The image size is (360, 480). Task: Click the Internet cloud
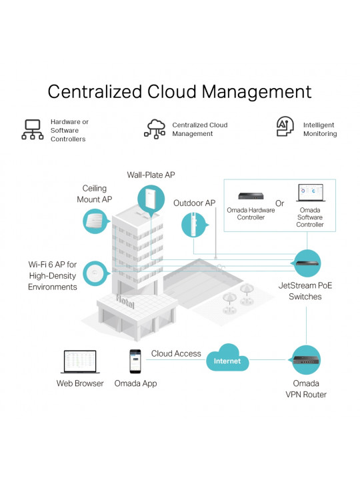(227, 357)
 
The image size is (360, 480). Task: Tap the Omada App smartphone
(135, 361)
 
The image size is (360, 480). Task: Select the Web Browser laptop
(80, 362)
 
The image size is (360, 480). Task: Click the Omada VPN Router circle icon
(306, 360)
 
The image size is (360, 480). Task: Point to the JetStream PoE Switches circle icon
(307, 263)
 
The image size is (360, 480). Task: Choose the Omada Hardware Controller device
(251, 195)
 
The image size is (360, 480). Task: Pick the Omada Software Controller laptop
(311, 193)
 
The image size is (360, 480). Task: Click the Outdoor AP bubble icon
(194, 225)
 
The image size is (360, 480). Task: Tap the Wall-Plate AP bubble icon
(151, 199)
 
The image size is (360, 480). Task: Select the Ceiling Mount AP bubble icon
(95, 221)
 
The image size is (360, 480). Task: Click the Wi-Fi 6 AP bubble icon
(96, 273)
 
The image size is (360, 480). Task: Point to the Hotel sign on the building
(125, 301)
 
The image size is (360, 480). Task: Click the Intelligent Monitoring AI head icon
(285, 126)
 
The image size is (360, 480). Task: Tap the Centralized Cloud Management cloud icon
(155, 129)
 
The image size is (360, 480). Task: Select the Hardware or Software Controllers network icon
(33, 129)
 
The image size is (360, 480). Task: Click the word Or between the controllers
(279, 203)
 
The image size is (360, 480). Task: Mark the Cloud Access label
(176, 353)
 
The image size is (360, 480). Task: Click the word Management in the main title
(257, 91)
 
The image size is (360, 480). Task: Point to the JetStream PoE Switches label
(305, 291)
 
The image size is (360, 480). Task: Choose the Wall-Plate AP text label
(151, 175)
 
